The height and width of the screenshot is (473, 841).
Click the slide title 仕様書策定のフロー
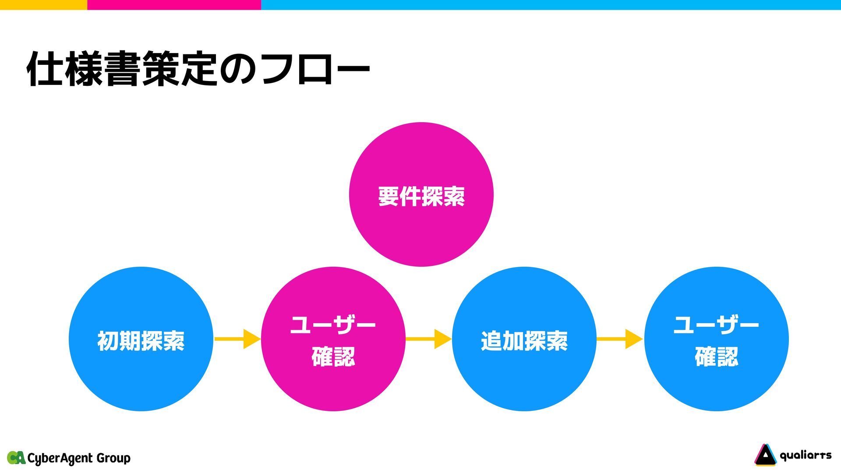(198, 69)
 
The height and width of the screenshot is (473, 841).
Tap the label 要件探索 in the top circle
(421, 196)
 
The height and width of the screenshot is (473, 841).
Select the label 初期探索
(141, 341)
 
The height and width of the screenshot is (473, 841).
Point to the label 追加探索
(524, 341)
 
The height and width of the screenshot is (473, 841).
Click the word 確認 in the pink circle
(333, 357)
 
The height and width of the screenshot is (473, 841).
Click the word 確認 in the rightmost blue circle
(717, 357)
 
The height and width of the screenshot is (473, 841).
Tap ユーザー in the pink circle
(333, 325)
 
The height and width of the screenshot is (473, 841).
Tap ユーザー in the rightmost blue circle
(717, 325)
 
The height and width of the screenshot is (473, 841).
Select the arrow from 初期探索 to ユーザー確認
(237, 339)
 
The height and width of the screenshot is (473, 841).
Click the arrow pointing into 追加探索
(428, 339)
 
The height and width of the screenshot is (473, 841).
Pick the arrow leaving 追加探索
(619, 339)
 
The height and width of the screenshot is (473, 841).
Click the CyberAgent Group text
(79, 458)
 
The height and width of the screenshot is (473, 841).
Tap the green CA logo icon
(16, 458)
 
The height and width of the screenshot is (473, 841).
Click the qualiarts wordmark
(806, 455)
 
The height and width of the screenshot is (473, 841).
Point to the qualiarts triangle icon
(765, 455)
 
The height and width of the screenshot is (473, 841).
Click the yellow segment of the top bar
(43, 4)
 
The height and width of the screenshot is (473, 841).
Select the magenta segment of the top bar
(174, 4)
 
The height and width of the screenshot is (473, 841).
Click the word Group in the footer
(113, 458)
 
